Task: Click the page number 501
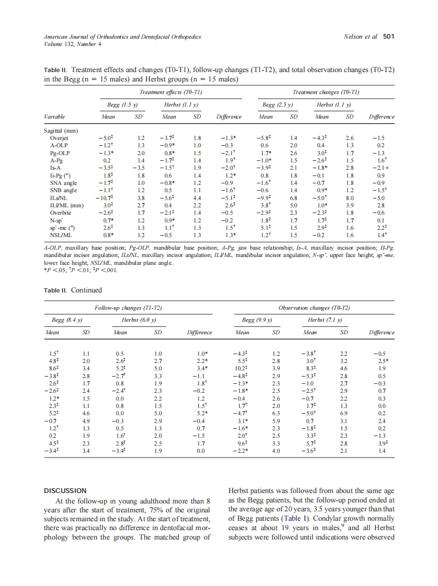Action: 388,37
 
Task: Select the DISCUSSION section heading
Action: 65,490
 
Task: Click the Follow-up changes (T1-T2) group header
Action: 128,308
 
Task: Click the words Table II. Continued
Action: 72,290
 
